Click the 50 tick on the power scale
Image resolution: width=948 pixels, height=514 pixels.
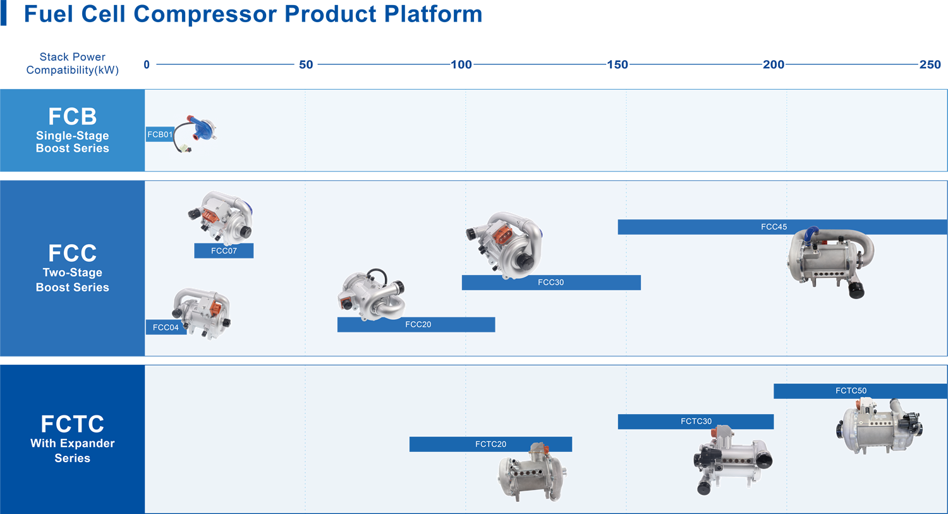coord(306,64)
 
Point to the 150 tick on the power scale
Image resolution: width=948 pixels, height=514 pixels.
coord(617,64)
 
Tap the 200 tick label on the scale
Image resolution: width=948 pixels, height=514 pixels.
coord(774,64)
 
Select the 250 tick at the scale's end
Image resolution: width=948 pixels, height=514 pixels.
coord(930,64)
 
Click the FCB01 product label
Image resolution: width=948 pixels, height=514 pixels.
coord(159,134)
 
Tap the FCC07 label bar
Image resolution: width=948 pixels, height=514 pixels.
coord(224,250)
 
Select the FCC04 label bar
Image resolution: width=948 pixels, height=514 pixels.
coord(166,327)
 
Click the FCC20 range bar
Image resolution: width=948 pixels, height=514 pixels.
coord(416,325)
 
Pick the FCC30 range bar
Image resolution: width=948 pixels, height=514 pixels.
coord(551,283)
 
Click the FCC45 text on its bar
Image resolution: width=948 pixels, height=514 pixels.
coord(774,227)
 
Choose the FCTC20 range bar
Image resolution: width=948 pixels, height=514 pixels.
coord(490,444)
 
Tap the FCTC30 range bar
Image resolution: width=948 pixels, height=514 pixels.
coord(696,421)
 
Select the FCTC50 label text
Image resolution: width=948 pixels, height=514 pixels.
coord(851,391)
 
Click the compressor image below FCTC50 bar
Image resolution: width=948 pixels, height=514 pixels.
coord(879,427)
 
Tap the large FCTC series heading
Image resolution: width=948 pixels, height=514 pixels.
coord(73,424)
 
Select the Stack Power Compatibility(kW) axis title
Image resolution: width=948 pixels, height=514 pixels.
coord(73,63)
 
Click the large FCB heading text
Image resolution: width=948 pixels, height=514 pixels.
coord(73,116)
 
